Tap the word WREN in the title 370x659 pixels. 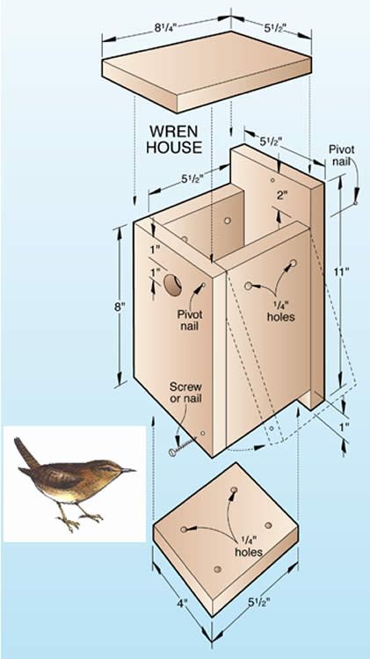pos(173,132)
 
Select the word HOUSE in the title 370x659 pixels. pos(174,148)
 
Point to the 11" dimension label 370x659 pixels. pos(344,272)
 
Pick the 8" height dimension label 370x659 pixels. pos(120,307)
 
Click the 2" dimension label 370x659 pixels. pos(282,195)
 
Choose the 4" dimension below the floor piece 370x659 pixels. pos(182,604)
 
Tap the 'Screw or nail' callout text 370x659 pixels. pos(185,392)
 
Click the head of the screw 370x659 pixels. pos(172,453)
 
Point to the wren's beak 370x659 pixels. pos(128,470)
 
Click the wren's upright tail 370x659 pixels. pos(25,453)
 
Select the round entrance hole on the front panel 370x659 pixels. pos(173,285)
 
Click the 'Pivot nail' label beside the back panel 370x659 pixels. pos(341,155)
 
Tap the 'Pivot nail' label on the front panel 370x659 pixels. pos(190,320)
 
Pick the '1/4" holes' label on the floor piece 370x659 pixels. pos(249,546)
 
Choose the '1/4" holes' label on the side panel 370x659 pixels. pos(281,310)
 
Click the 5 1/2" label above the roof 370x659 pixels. pos(275,28)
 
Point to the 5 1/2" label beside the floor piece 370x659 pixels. pos(258,603)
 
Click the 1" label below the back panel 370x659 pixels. pos(345,427)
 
